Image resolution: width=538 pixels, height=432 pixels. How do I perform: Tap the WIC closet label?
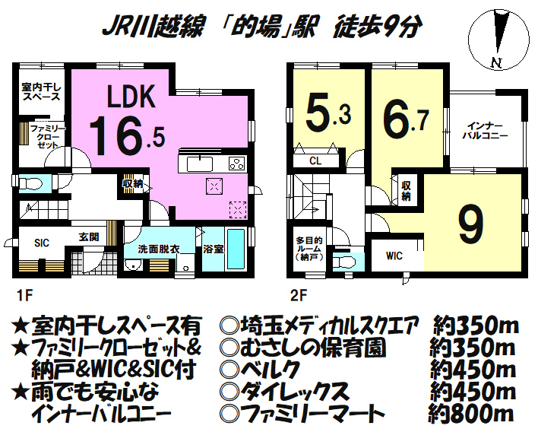point(394,256)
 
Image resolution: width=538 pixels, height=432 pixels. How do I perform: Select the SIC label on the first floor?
point(42,243)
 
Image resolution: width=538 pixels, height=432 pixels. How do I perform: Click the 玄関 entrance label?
point(89,237)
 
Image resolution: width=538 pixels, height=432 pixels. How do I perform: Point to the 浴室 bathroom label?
point(212,248)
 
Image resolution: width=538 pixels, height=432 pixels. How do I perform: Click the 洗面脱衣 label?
point(158,249)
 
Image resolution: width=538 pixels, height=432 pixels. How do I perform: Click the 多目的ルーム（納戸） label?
point(309,249)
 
